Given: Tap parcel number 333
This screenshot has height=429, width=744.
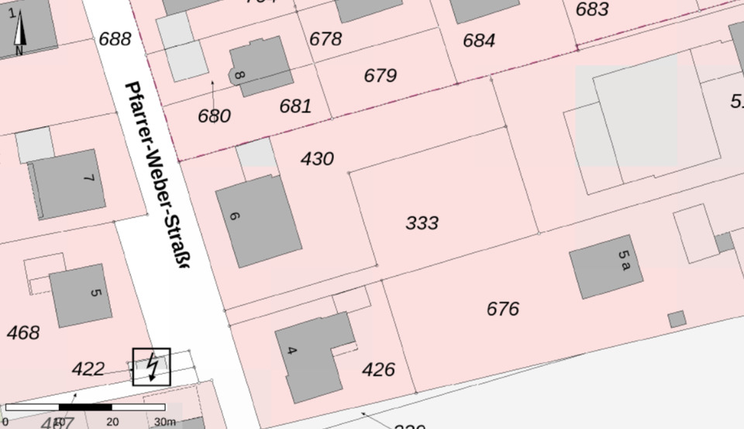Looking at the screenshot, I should pyautogui.click(x=422, y=223).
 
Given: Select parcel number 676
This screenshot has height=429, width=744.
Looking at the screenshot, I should pyautogui.click(x=502, y=309).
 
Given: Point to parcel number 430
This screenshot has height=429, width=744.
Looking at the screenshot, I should pyautogui.click(x=317, y=159).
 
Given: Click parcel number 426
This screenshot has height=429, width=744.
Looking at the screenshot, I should pyautogui.click(x=378, y=369).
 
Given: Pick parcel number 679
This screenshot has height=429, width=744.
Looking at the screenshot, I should pyautogui.click(x=380, y=75).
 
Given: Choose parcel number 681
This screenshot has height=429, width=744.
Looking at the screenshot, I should pyautogui.click(x=295, y=106).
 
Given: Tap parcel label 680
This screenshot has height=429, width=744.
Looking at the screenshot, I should pyautogui.click(x=214, y=116).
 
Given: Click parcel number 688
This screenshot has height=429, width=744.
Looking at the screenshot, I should pyautogui.click(x=115, y=39).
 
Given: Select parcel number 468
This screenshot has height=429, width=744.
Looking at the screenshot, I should pyautogui.click(x=22, y=333).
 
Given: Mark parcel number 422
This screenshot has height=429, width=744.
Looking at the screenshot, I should pyautogui.click(x=88, y=369).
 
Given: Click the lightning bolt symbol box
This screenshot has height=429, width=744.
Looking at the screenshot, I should pyautogui.click(x=151, y=366).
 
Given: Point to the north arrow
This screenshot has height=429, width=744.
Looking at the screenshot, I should pyautogui.click(x=19, y=33).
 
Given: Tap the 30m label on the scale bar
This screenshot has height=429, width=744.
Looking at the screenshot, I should pyautogui.click(x=164, y=421).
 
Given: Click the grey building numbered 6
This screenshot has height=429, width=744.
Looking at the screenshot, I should pyautogui.click(x=258, y=221).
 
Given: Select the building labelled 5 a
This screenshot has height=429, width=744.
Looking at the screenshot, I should pyautogui.click(x=606, y=266).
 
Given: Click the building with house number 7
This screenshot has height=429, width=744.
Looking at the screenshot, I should pyautogui.click(x=68, y=184).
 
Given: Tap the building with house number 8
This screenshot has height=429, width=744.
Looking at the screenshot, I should pyautogui.click(x=261, y=67).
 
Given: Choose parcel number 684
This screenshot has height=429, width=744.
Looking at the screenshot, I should pyautogui.click(x=479, y=40).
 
